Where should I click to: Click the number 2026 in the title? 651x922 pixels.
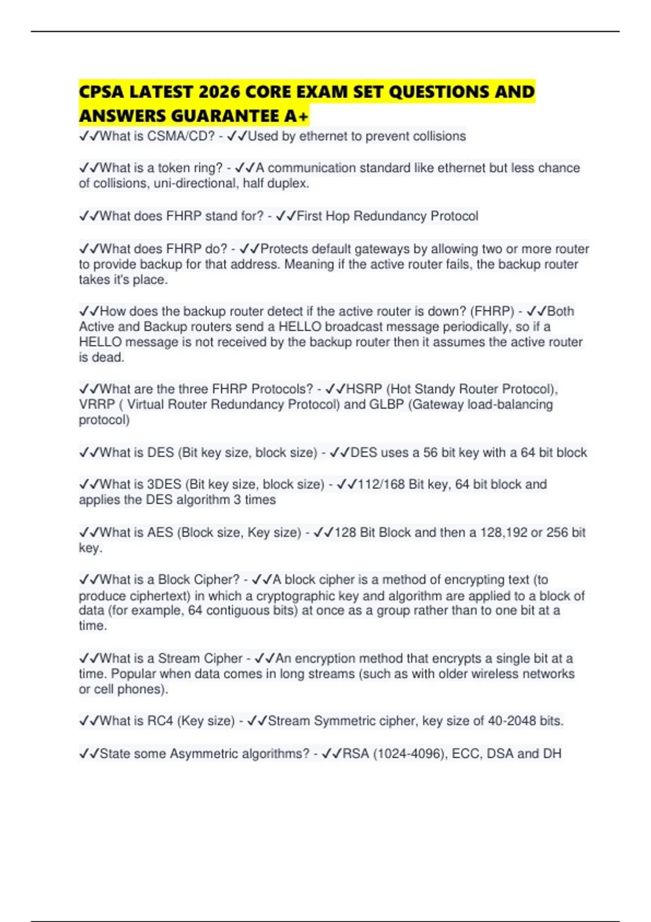[x=219, y=92]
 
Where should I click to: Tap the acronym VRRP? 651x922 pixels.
[x=97, y=405]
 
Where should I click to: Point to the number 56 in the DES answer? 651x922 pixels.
[x=430, y=453]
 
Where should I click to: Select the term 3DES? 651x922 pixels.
[x=164, y=484]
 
